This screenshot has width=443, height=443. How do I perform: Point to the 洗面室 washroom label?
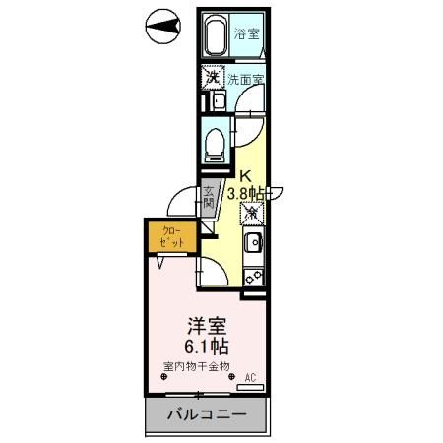(244, 78)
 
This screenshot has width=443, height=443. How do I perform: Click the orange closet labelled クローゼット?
(164, 237)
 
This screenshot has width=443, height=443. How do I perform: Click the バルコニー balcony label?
(205, 413)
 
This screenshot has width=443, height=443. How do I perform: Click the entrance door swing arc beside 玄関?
(180, 202)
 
